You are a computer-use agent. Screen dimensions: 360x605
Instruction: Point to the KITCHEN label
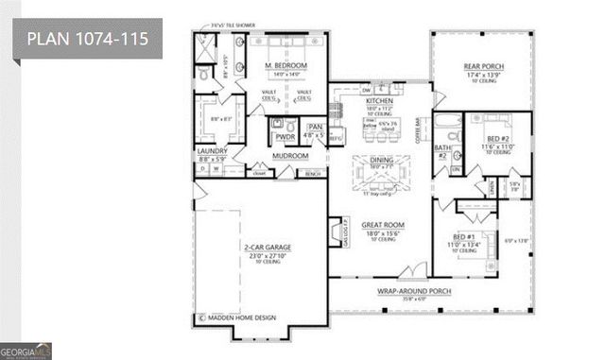pyautogui.click(x=379, y=100)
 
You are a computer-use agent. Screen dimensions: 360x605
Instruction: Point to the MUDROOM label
pyautogui.click(x=283, y=155)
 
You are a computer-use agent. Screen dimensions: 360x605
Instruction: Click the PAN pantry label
pyautogui.click(x=314, y=126)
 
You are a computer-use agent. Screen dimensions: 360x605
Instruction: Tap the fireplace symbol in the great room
pyautogui.click(x=335, y=232)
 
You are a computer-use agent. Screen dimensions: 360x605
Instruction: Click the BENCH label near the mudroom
pyautogui.click(x=311, y=174)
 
